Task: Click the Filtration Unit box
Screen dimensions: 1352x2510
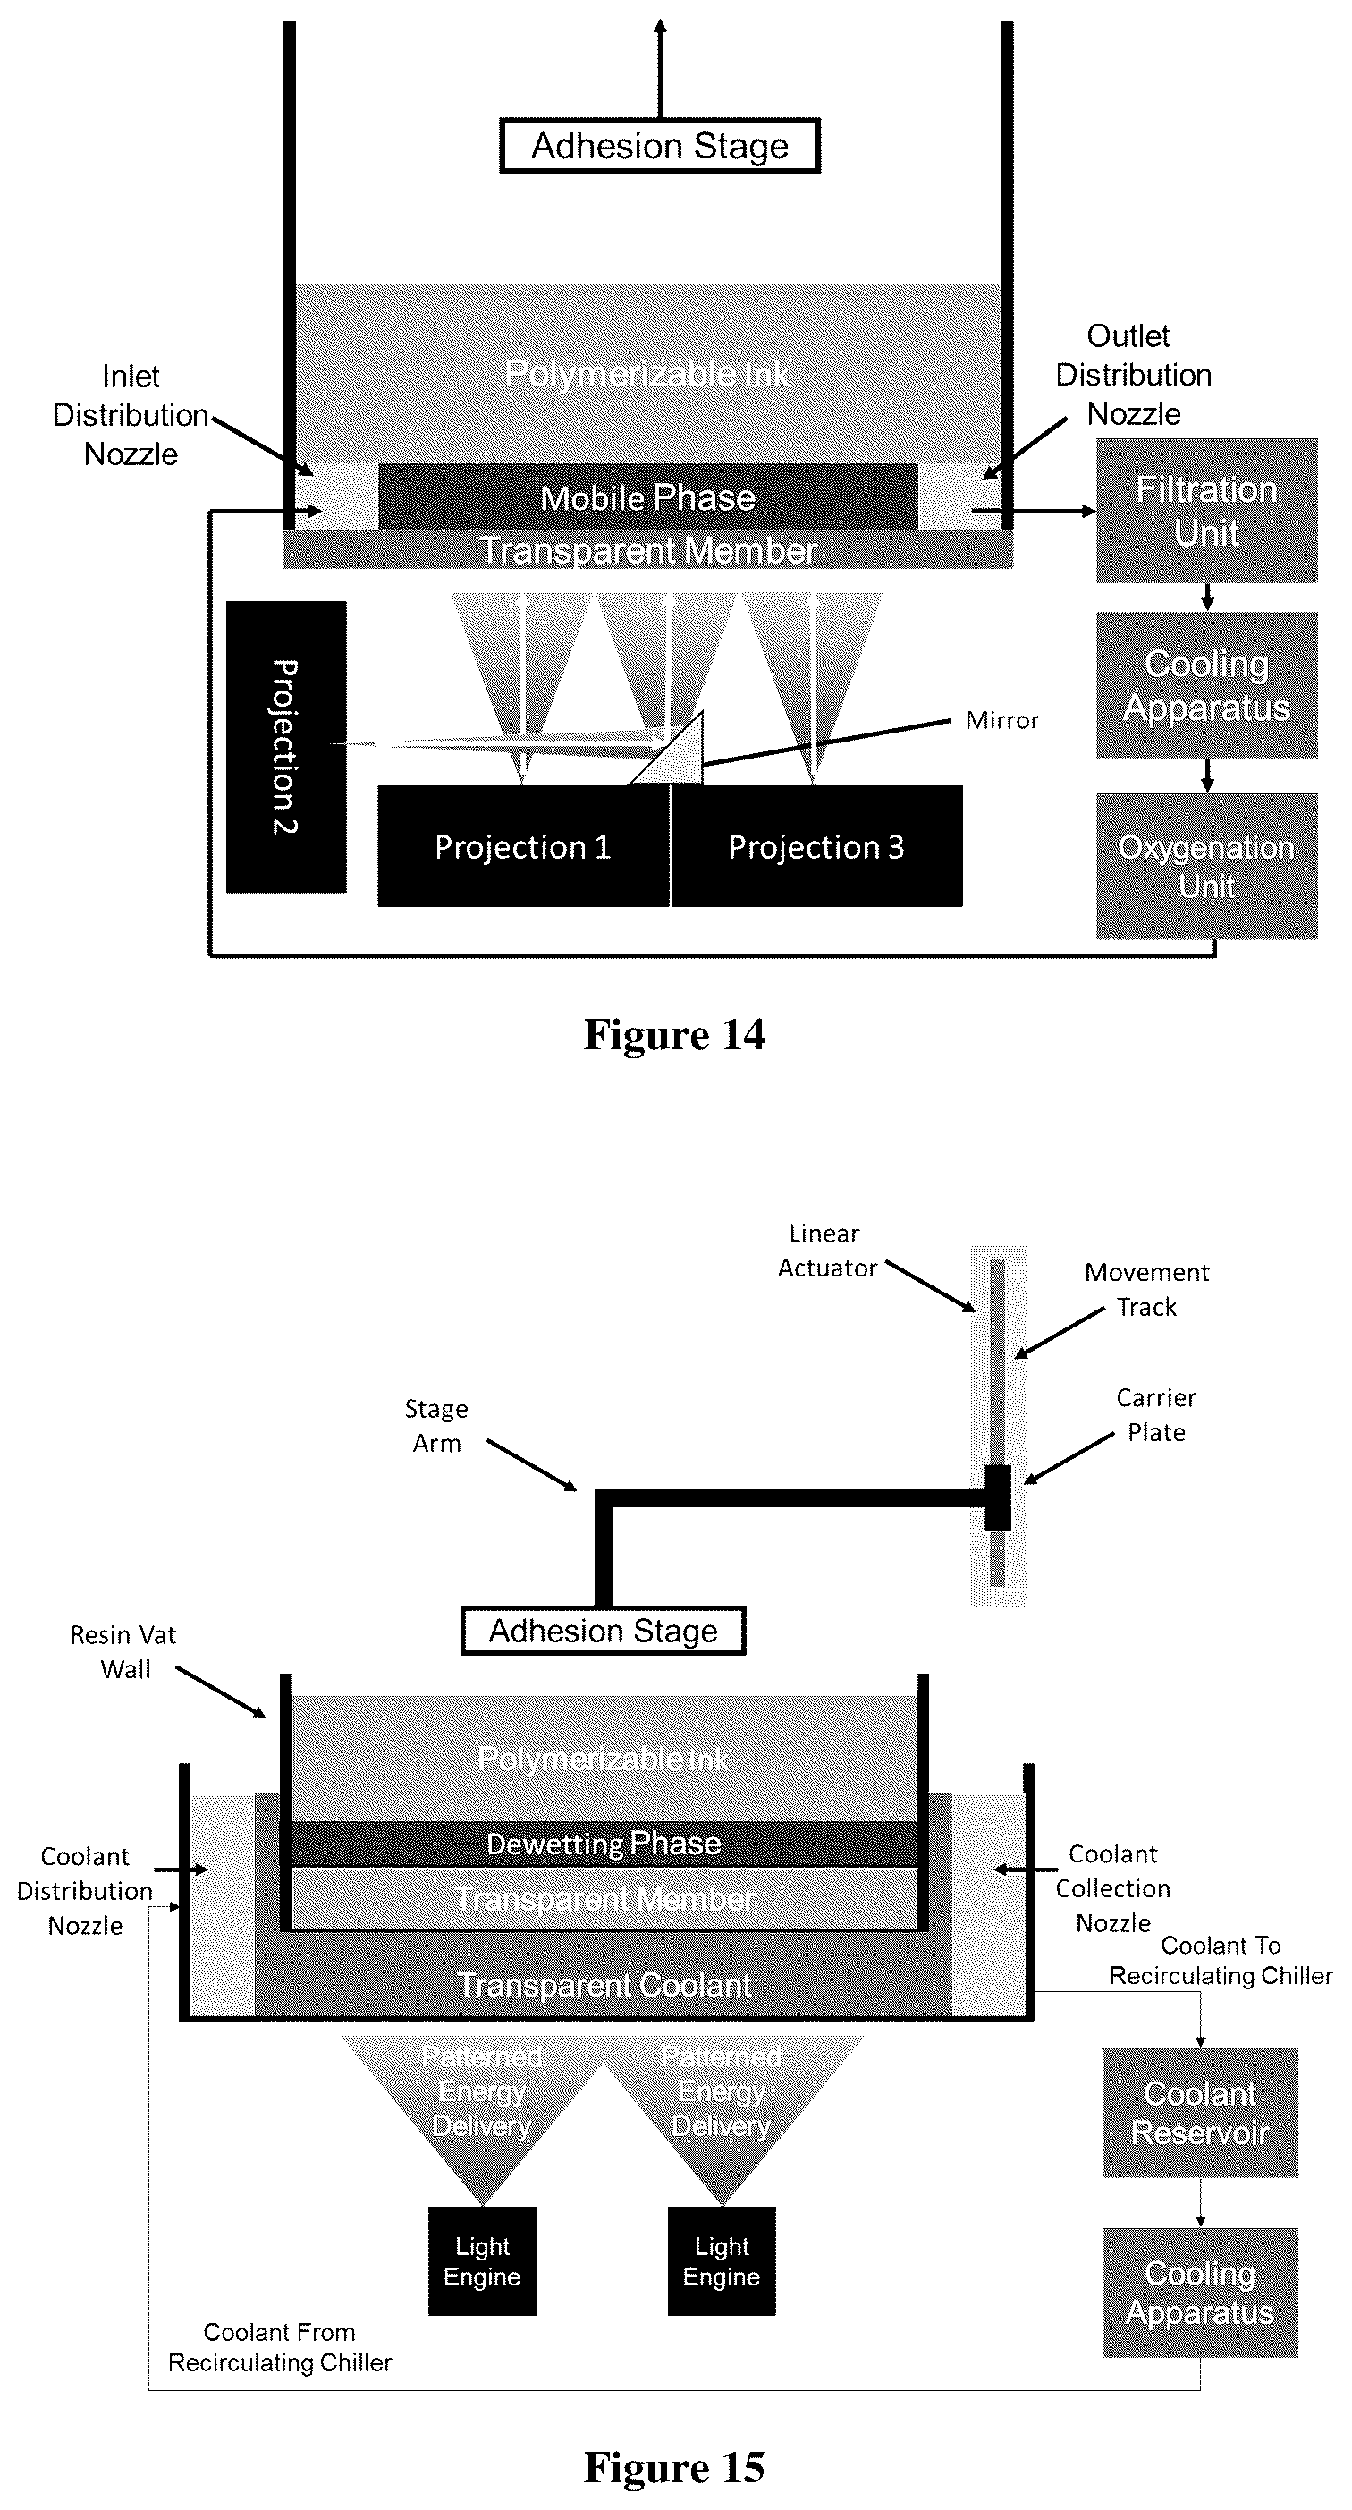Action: pos(1207,511)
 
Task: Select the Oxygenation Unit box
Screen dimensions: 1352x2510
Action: pos(1207,866)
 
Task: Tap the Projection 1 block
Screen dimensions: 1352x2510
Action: pos(524,847)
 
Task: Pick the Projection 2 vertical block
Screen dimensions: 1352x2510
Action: pos(286,746)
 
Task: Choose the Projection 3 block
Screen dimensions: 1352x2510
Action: pos(817,847)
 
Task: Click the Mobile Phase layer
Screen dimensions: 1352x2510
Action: pos(647,497)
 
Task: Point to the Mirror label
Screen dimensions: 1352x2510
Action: pos(1002,720)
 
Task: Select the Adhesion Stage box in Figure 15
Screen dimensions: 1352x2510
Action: pos(603,1631)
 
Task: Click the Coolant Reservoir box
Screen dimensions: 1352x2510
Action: pos(1200,2113)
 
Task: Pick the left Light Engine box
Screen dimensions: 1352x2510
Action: pos(482,2260)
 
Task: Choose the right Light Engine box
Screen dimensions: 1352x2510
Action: pos(722,2260)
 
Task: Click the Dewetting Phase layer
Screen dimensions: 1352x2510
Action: pos(604,1844)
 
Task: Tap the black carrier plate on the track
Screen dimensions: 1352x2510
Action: pos(997,1497)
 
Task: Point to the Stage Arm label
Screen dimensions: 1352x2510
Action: pos(436,1426)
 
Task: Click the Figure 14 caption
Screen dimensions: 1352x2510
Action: pos(674,1035)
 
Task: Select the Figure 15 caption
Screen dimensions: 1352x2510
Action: pos(674,2467)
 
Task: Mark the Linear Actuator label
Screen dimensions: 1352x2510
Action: pos(827,1251)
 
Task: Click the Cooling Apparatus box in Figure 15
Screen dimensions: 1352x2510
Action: pos(1200,2293)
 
